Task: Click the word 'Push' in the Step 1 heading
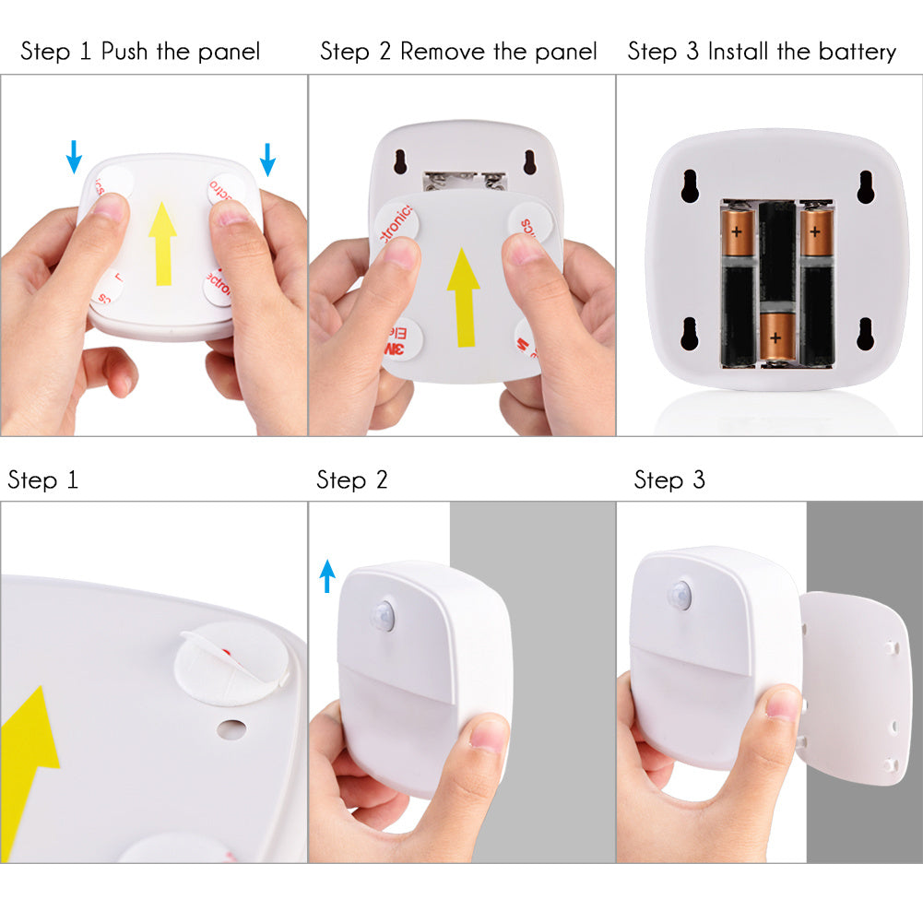(125, 51)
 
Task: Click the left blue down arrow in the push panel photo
(74, 158)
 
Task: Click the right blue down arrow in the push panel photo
(267, 159)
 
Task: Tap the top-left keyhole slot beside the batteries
(691, 185)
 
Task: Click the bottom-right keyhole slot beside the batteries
(865, 333)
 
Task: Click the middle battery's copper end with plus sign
(776, 337)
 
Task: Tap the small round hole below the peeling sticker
(229, 728)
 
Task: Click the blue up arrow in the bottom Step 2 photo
(327, 576)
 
